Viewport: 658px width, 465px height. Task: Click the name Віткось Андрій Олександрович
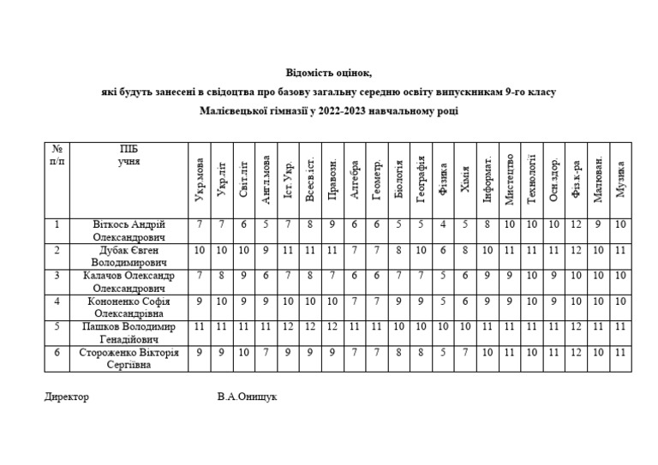click(x=128, y=231)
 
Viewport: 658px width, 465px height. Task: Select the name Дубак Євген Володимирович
click(x=128, y=256)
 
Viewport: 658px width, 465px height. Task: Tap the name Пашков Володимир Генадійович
click(x=128, y=333)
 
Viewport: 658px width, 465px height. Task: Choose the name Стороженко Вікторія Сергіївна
click(x=128, y=359)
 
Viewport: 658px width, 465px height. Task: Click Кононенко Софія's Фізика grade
click(x=443, y=301)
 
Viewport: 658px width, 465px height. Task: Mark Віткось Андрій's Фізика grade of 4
click(x=443, y=224)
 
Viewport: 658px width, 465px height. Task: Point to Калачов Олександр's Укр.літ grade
click(x=222, y=276)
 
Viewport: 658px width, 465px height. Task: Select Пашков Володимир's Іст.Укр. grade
click(x=288, y=327)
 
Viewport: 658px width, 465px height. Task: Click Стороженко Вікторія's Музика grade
click(x=620, y=353)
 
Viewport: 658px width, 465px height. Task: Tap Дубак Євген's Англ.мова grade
click(x=266, y=250)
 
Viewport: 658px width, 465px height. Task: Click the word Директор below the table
click(x=66, y=397)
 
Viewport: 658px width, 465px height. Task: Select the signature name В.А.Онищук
click(x=248, y=397)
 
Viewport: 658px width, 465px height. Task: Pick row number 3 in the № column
click(x=57, y=276)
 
